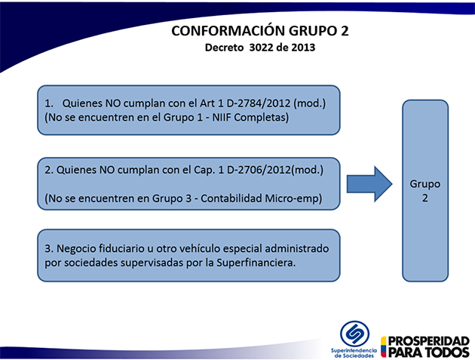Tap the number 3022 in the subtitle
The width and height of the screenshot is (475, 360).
point(261,48)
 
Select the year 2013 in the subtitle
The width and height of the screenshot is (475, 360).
point(303,48)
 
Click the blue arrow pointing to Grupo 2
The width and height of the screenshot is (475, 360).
point(369,184)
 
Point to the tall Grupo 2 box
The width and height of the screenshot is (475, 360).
point(425,191)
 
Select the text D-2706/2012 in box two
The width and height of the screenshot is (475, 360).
point(259,170)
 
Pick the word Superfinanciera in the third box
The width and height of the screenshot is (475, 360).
point(256,263)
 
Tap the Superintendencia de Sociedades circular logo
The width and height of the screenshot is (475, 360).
point(354,334)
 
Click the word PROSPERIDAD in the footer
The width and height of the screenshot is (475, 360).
point(429,341)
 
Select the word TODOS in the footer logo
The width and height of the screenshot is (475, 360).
point(447,352)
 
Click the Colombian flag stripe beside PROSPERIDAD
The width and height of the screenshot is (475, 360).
point(384,346)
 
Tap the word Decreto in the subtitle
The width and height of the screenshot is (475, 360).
point(224,48)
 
